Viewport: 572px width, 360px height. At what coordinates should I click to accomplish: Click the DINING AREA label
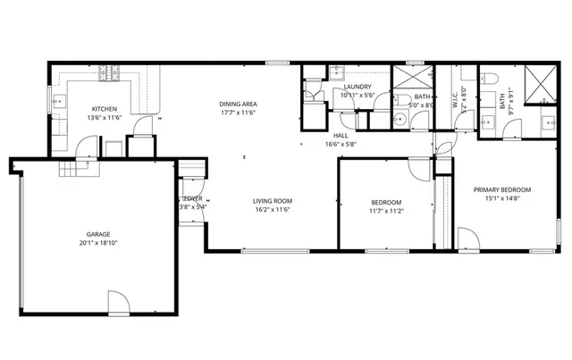239,105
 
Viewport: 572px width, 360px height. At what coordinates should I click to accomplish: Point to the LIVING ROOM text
273,201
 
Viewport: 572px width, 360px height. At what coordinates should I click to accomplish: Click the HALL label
341,135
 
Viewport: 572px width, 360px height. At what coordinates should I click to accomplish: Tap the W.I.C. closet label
456,103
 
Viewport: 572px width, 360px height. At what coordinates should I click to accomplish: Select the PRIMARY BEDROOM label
502,189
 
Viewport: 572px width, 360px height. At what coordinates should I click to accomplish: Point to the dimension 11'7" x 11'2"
386,212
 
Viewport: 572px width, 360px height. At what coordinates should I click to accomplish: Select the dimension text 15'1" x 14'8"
502,200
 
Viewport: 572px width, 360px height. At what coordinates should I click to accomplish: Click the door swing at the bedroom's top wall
418,168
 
